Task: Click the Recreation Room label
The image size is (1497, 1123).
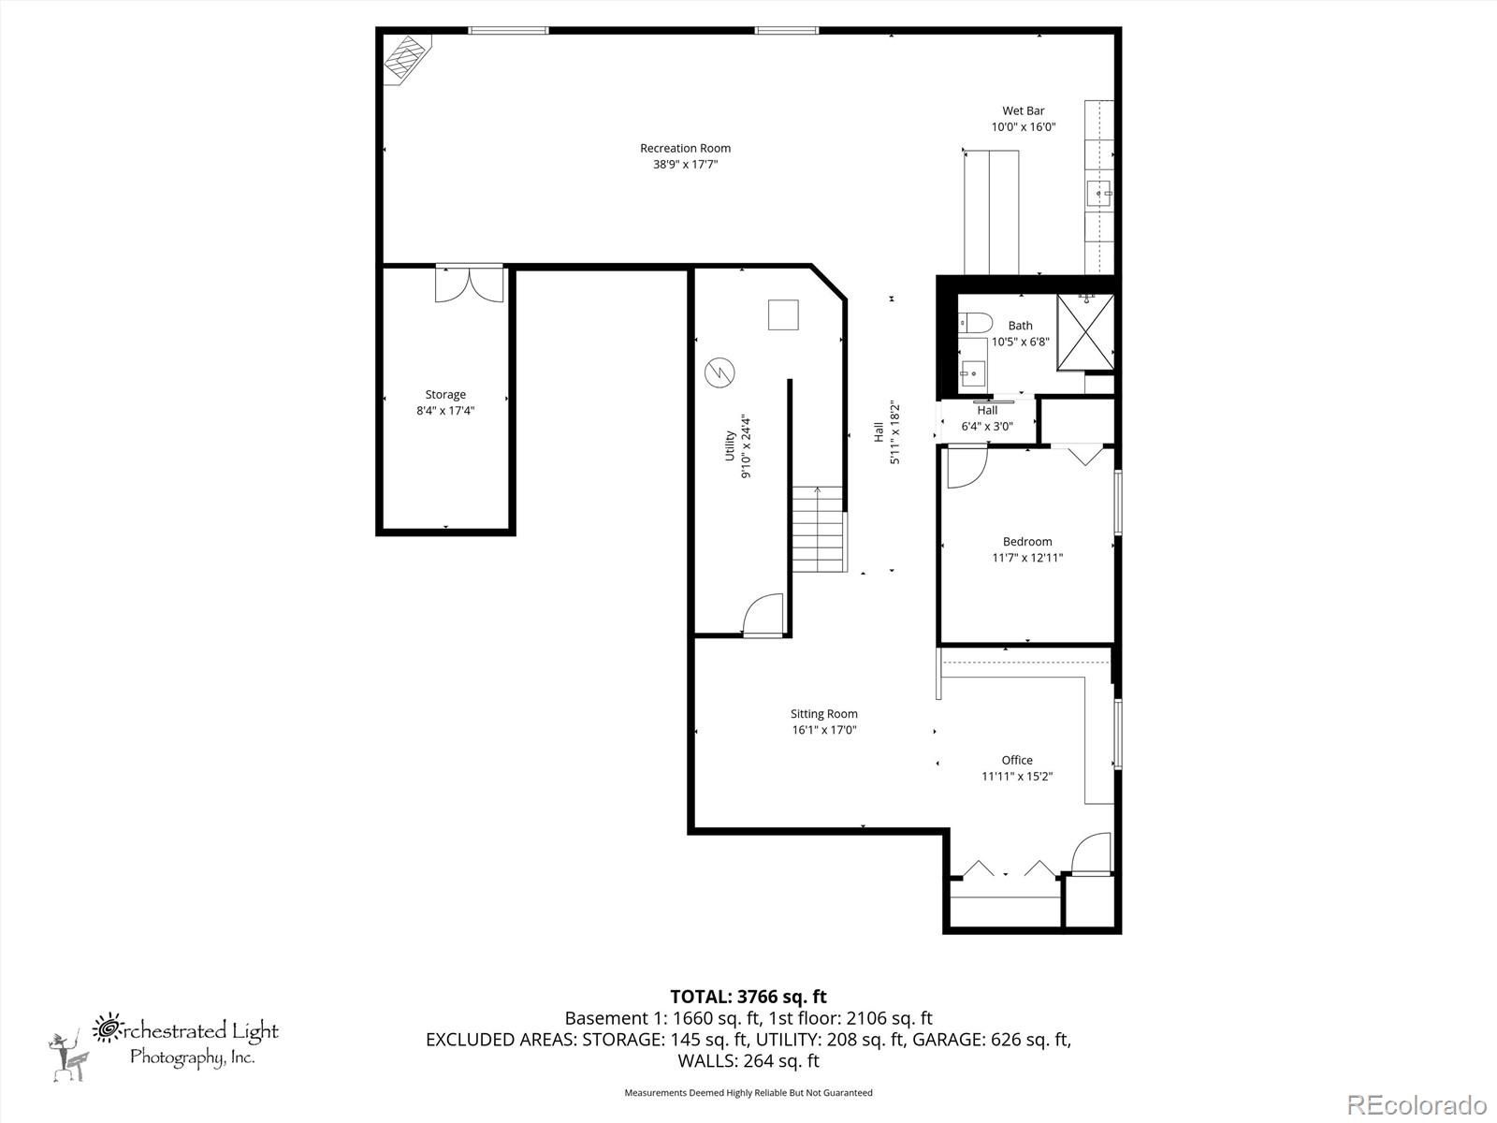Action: pyautogui.click(x=685, y=148)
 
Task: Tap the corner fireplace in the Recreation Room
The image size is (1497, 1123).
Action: pyautogui.click(x=406, y=59)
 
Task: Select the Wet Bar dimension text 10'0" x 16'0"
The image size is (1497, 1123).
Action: pyautogui.click(x=1023, y=127)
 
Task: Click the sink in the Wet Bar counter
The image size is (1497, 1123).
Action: pyautogui.click(x=1098, y=194)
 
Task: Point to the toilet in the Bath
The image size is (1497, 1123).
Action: pyautogui.click(x=974, y=323)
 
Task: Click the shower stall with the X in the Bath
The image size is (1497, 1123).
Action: pyautogui.click(x=1085, y=332)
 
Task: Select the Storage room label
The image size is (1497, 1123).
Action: pyautogui.click(x=445, y=394)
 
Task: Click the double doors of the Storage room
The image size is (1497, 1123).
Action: pyautogui.click(x=470, y=284)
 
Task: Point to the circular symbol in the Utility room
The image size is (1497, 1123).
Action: pyautogui.click(x=719, y=372)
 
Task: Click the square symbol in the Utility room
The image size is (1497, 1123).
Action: pyautogui.click(x=783, y=315)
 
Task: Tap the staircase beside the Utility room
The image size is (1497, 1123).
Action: pyautogui.click(x=819, y=529)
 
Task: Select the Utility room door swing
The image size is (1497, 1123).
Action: pyautogui.click(x=763, y=615)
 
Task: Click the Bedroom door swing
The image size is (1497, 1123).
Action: pyautogui.click(x=967, y=466)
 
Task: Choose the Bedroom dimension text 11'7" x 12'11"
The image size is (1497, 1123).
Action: pyautogui.click(x=1027, y=558)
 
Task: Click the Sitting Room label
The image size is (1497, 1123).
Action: pyautogui.click(x=824, y=714)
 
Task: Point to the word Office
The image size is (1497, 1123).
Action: pyautogui.click(x=1017, y=760)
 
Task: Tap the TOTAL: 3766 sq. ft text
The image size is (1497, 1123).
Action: pyautogui.click(x=748, y=997)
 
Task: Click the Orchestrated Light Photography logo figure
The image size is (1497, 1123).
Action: pyautogui.click(x=69, y=1057)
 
